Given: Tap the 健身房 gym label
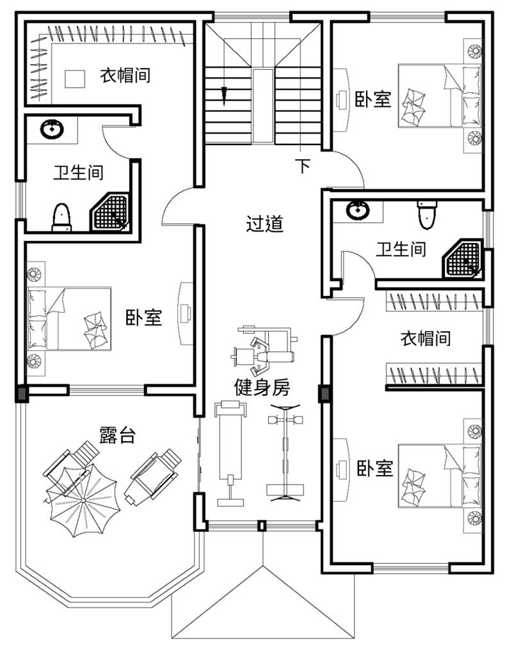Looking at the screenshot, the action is [x=262, y=387].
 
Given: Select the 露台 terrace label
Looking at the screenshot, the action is [x=118, y=435].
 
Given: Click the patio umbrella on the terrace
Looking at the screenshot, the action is [x=83, y=501].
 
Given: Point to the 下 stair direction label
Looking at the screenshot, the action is [x=303, y=166].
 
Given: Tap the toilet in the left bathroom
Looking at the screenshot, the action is [x=61, y=217].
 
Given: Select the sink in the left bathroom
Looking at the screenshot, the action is [x=52, y=130].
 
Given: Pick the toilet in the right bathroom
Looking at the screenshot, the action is [x=427, y=215].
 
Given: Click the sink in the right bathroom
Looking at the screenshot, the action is [x=357, y=210].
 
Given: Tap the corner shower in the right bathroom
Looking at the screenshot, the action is [x=463, y=259].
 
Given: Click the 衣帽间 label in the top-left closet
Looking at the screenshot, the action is [x=125, y=75].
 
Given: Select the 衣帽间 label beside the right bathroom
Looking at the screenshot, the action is [x=426, y=338].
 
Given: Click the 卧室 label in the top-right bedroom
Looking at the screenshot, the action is [x=373, y=98].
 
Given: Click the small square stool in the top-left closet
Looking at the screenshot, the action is [x=75, y=79].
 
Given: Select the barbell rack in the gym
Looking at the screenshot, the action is [x=285, y=453].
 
